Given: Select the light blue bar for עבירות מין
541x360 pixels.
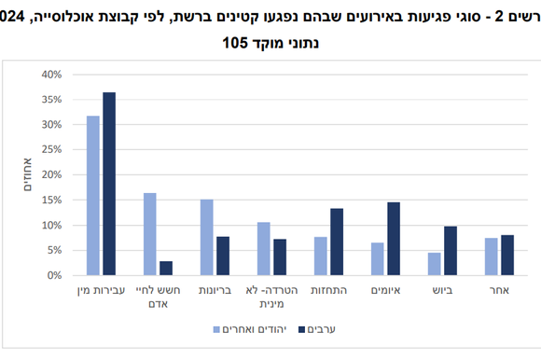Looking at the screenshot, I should pyautogui.click(x=93, y=196).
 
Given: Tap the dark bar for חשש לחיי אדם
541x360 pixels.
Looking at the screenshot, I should pyautogui.click(x=166, y=269).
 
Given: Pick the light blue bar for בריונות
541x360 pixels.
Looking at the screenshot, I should pyautogui.click(x=207, y=238).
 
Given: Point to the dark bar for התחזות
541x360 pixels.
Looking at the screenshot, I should pyautogui.click(x=337, y=242).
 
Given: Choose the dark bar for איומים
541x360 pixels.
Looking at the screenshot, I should pyautogui.click(x=394, y=239).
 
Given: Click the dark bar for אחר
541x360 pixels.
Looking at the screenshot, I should pyautogui.click(x=507, y=256).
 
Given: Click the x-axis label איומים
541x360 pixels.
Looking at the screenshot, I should pyautogui.click(x=385, y=291).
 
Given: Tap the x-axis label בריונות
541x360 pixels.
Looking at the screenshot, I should pyautogui.click(x=215, y=291).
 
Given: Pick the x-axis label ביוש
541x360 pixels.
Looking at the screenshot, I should pyautogui.click(x=442, y=291).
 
